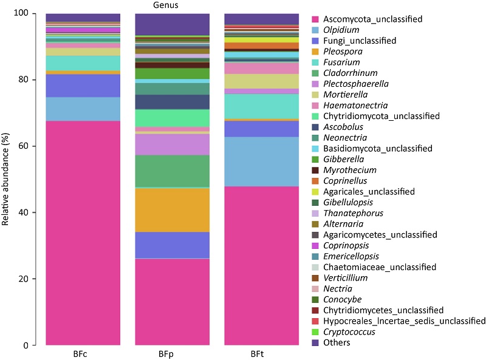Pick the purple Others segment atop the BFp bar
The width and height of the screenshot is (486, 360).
pos(172,24)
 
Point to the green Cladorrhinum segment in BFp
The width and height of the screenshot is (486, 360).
pos(172,171)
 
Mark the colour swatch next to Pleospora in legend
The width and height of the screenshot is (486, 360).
pos(317,52)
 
